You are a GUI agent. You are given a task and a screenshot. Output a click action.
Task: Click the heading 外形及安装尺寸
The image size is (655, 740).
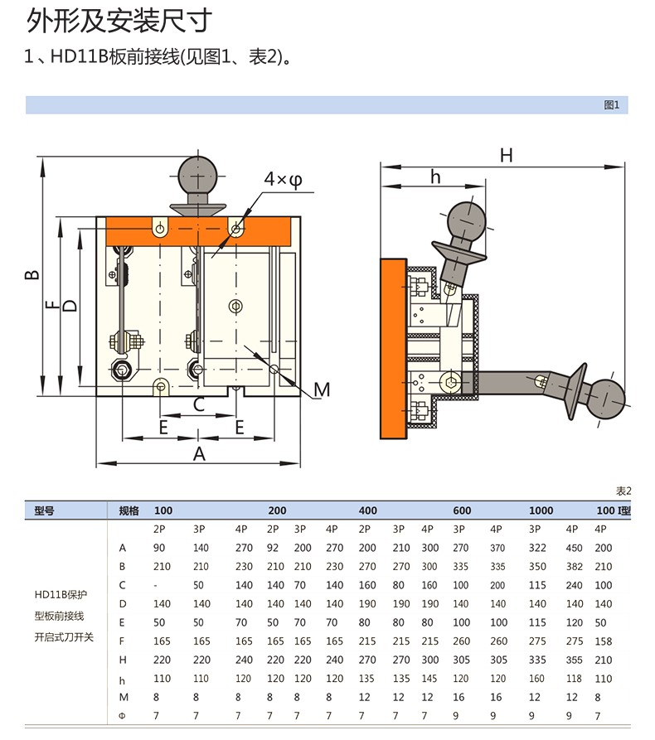pos(119,22)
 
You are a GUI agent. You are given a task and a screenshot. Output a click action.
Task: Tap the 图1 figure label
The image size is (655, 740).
pos(612,105)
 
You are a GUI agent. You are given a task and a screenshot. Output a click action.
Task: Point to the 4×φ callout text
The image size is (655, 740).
pos(283,179)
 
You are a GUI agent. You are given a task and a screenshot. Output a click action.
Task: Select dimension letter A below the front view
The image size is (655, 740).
pos(199,453)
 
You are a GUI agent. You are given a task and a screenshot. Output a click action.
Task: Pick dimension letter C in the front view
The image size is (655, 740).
pos(199,404)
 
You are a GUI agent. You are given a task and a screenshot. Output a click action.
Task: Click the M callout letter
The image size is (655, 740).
pos(322,389)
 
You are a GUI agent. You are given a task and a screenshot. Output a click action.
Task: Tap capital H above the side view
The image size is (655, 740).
pos(506,155)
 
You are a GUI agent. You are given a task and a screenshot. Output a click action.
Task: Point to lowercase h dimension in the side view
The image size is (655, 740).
pos(435,177)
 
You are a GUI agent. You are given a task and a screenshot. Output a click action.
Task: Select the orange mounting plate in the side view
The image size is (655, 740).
pos(393,348)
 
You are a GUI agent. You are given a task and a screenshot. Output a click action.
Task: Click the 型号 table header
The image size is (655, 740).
pos(44,510)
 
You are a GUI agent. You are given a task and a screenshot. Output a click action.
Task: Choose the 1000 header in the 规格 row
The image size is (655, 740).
pos(541,510)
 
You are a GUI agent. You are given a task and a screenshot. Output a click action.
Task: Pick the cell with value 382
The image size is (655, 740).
pos(571,567)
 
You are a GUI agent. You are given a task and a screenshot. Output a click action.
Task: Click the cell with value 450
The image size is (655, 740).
pos(571,548)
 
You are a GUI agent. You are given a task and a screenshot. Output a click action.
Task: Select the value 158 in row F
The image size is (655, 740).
pos(604,641)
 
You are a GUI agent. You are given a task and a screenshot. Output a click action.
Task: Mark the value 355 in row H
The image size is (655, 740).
pos(571,660)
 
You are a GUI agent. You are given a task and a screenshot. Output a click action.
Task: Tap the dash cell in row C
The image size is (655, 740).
pos(156,585)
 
